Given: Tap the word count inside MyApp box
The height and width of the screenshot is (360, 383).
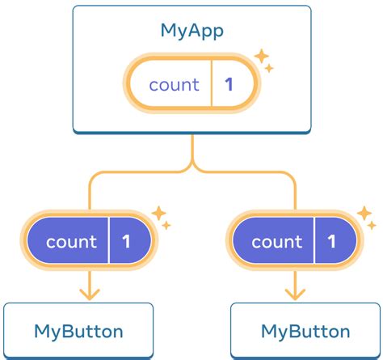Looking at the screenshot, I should (175, 84).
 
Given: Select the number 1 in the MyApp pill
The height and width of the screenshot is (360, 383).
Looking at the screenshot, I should (229, 84).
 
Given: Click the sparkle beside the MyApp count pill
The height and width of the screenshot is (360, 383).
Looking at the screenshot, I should (263, 61).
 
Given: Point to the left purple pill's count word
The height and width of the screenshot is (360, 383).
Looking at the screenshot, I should (71, 242).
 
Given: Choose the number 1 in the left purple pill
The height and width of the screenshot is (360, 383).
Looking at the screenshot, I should (126, 242).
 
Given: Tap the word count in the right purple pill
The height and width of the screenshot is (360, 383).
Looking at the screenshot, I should (276, 242).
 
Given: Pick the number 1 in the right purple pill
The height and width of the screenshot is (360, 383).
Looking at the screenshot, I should (331, 242).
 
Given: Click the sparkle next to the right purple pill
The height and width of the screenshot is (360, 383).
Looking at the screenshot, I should (365, 217).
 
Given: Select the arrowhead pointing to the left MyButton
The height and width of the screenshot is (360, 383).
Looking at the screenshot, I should (90, 292).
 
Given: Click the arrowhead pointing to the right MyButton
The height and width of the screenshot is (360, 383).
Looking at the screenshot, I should (295, 292).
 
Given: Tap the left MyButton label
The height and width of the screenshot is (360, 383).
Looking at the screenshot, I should (78, 331).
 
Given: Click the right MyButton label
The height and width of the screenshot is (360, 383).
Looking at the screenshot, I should (305, 331).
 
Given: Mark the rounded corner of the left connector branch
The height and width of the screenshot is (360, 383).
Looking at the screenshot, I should (94, 176).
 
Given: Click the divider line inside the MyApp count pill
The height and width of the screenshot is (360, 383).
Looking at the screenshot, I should (211, 84).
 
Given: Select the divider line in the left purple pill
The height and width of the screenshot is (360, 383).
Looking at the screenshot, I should (108, 242).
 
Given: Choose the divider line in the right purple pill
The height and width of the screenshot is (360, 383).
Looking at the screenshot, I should (314, 242).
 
